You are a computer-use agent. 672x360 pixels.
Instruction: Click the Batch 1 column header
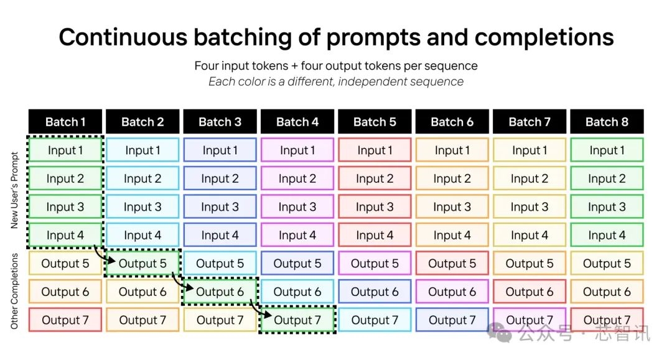[x=65, y=122]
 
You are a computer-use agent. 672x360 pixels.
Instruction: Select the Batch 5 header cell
[x=375, y=122]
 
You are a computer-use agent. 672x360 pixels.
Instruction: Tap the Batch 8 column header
[x=607, y=122]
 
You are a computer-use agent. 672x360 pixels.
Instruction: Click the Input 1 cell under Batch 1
[x=65, y=150]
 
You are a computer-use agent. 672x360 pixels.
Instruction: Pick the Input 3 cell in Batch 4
[x=297, y=207]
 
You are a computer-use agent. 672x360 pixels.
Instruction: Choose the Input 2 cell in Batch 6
[x=452, y=178]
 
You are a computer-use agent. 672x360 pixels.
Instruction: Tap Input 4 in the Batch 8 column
[x=607, y=235]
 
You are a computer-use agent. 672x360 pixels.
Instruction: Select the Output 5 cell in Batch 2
[x=142, y=263]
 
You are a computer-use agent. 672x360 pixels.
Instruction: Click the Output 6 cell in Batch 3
[x=220, y=292]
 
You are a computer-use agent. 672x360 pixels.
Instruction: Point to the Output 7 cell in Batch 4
[x=297, y=320]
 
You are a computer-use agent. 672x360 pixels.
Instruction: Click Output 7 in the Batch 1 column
[x=65, y=320]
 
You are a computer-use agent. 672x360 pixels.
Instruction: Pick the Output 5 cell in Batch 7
[x=530, y=263]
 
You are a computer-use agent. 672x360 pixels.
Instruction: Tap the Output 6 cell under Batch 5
[x=375, y=292]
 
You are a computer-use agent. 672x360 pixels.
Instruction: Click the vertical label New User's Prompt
[x=14, y=190]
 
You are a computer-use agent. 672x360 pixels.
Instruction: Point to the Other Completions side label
[x=14, y=291]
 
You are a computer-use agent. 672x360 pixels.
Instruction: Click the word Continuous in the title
[x=123, y=37]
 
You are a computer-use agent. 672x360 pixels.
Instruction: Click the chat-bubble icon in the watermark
[x=499, y=333]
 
